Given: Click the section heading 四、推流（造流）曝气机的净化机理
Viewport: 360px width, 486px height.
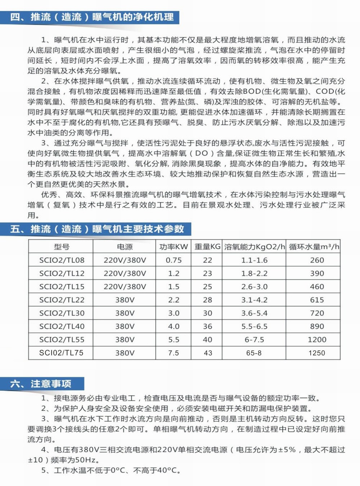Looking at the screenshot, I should point(92,17).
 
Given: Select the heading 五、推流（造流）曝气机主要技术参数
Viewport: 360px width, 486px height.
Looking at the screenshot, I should point(97,229).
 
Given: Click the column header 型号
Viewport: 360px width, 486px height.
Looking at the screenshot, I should point(62,247).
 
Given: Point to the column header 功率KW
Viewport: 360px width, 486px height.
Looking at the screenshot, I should point(174,247).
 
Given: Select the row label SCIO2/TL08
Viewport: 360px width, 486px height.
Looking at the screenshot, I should point(62,260).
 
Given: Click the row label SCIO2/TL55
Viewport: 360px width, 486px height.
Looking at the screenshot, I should point(62,339).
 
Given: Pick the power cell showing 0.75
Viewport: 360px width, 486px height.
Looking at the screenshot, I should point(174,260).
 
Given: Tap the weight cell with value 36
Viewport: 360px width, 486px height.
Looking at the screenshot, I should point(207,326).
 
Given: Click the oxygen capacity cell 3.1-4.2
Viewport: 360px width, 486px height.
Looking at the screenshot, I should point(254,300).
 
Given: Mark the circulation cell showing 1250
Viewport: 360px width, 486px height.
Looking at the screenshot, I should point(317,353).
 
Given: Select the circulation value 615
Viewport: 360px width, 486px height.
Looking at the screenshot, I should point(317,300).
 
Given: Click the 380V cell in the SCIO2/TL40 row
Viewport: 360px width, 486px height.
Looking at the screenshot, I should point(125,326).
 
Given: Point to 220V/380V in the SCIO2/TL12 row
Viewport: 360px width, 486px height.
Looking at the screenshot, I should point(125,273).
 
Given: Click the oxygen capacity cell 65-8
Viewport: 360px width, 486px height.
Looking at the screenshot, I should point(254,353).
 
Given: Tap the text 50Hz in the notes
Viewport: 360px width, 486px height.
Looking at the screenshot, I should point(86,460).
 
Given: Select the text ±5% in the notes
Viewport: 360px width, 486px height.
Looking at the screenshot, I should point(287,450).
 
